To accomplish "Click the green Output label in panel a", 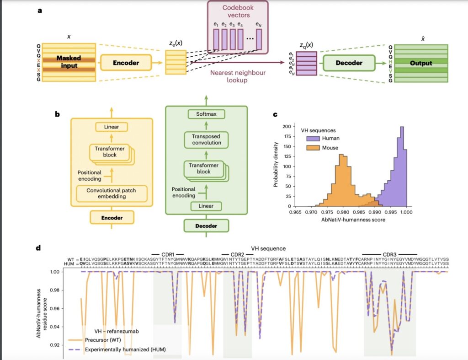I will coord(421,63).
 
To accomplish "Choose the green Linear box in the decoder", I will coord(206,206).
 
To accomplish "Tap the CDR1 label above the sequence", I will coord(168,253).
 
